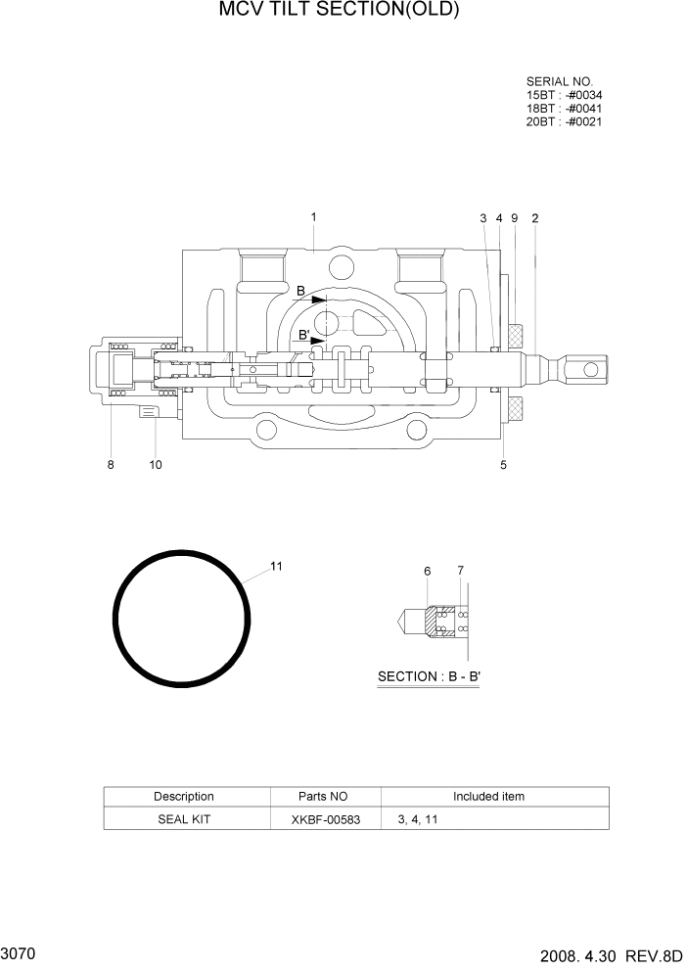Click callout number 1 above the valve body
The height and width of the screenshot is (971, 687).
coord(313,216)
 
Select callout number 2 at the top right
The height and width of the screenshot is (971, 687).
coord(534,218)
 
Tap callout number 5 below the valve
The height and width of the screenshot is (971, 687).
coord(503,465)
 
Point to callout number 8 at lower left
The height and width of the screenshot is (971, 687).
coord(111,465)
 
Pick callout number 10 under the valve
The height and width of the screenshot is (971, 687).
coord(156,465)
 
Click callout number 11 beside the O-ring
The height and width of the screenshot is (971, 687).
coord(276,567)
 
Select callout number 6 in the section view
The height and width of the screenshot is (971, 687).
coord(428,571)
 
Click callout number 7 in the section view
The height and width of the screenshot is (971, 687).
coord(460,571)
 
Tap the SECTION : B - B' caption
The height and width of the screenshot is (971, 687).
coord(428,676)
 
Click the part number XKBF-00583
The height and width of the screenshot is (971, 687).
coord(325,819)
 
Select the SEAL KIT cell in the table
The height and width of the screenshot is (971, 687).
coord(184,819)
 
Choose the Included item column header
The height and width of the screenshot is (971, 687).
coord(488,797)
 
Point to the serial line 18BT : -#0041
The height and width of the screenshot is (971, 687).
coord(564,108)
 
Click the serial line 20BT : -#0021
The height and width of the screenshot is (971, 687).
coord(564,121)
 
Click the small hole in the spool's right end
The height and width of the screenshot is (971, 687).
coord(589,369)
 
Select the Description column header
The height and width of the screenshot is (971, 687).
coord(184,797)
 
